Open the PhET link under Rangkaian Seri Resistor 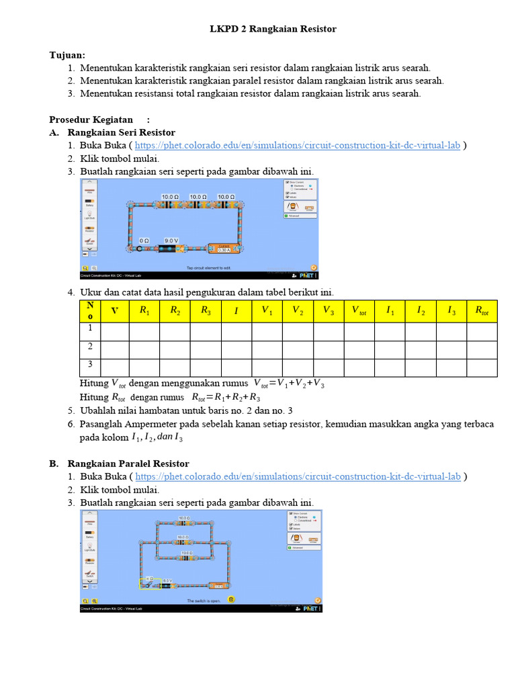(298, 145)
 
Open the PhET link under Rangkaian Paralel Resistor (298, 476)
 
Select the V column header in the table (114, 310)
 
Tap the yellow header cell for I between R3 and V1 (236, 310)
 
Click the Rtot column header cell (482, 310)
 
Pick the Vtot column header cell (359, 310)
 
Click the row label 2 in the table (89, 347)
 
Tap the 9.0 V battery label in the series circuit (171, 241)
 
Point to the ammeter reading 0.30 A (224, 249)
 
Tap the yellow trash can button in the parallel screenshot (231, 599)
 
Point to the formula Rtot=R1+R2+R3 (226, 397)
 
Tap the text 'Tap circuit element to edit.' (208, 268)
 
